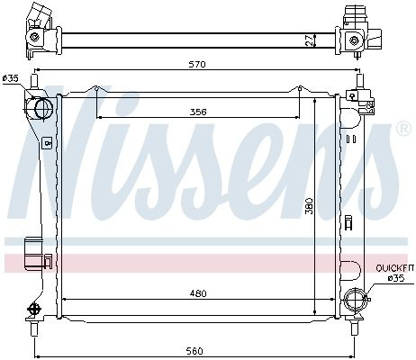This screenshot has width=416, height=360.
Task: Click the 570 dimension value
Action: coord(198,64)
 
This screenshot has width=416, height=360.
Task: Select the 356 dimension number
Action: coord(198,112)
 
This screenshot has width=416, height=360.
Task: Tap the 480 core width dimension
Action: coord(198,293)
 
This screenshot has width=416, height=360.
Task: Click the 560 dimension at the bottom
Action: coord(194,351)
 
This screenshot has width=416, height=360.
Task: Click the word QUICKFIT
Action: coord(395,268)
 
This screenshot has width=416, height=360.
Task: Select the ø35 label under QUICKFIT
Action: coord(396,278)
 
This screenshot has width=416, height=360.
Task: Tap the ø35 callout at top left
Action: coord(11,78)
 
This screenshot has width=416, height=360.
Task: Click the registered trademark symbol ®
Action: coord(403,129)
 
